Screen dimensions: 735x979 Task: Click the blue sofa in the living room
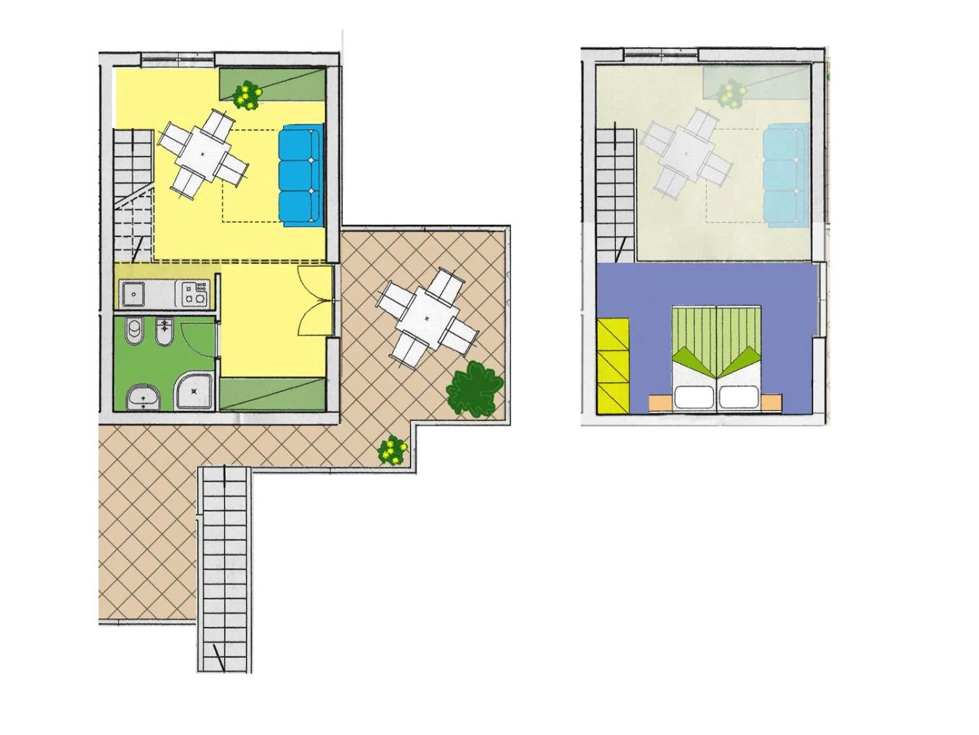(300, 176)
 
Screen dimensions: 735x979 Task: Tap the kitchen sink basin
(133, 294)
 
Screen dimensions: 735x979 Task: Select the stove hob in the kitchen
(195, 293)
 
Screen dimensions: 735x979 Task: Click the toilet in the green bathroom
(134, 331)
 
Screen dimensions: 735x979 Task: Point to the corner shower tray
(195, 392)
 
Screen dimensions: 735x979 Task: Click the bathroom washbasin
(144, 398)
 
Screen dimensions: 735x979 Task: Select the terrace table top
(427, 318)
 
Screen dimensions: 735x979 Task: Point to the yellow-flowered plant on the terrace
(392, 451)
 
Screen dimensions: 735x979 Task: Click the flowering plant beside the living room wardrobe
(247, 96)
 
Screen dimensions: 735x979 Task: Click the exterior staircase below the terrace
(225, 570)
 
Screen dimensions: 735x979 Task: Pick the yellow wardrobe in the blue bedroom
(613, 366)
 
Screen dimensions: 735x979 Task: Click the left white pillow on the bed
(694, 398)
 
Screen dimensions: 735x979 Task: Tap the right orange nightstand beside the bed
(772, 402)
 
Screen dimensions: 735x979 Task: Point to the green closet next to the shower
(273, 394)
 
